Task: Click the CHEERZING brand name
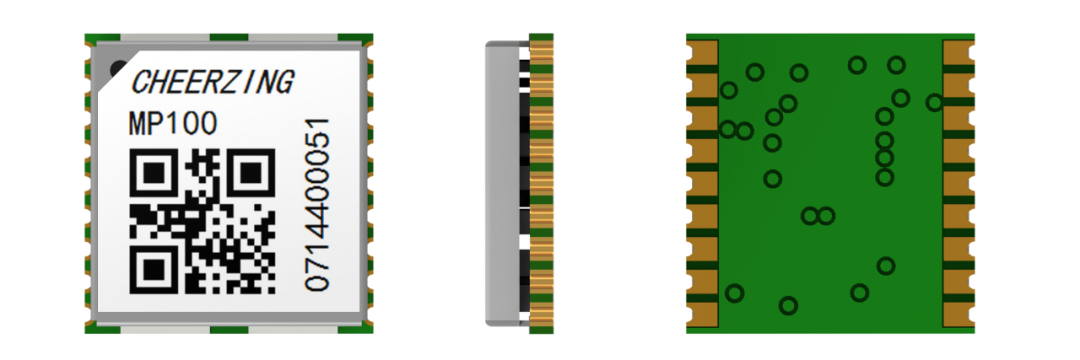coord(212,82)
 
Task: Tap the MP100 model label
coord(173,124)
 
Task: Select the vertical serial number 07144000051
coord(317,204)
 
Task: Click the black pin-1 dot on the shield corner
coord(118,68)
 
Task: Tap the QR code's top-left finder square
coord(155,173)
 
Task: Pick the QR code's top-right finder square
coord(251,173)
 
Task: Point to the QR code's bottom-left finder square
coord(155,269)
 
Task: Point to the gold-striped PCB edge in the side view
coord(541,183)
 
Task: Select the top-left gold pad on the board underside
coord(702,52)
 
